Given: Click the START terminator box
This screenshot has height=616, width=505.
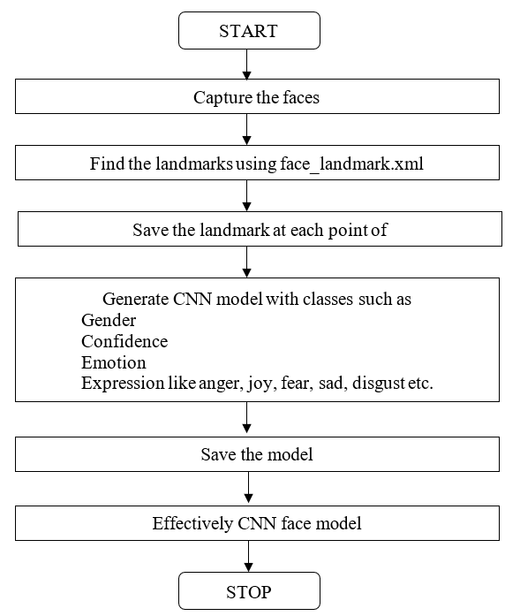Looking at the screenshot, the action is pos(249,31).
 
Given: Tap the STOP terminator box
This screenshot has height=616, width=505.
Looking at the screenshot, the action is pos(249,591).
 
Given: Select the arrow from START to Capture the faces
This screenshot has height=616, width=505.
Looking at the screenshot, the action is pos(247,65).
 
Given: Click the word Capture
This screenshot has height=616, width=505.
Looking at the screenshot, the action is pos(222,98).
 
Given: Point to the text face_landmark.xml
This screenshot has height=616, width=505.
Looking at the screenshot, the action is pos(351,164).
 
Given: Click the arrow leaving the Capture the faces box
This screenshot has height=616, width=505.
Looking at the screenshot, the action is pos(247,130).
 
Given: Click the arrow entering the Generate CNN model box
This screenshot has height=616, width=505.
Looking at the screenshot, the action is pos(247,262).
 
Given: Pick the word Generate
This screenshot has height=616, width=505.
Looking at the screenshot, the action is pos(136,299).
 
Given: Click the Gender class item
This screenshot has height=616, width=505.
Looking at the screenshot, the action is pos(109,320).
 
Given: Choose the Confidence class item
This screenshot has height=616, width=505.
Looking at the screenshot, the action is pos(124,341).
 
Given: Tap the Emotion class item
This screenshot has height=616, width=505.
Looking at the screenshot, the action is pos(114,362).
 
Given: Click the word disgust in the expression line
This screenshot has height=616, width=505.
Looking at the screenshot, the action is pos(379,383).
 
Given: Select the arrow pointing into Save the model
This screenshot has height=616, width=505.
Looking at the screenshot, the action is pos(247,417).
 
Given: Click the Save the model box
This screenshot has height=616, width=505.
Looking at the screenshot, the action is pos(257,454).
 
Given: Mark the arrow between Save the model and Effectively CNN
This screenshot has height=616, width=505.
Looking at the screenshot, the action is pos(248,487).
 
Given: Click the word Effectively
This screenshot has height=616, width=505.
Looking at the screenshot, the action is pos(192,524).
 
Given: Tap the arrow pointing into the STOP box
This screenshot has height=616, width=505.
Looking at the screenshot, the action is pos(248,556).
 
